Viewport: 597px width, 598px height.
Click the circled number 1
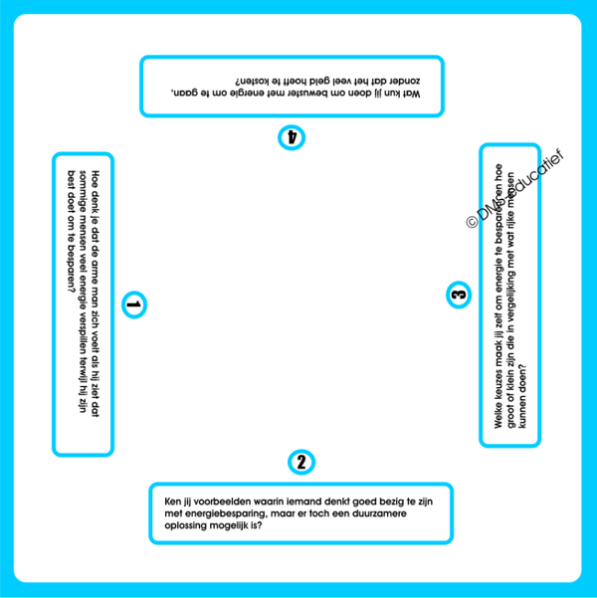[133, 304]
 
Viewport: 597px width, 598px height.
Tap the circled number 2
[301, 462]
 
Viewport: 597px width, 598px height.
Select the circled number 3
[458, 294]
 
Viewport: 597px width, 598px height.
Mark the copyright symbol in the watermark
[472, 222]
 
